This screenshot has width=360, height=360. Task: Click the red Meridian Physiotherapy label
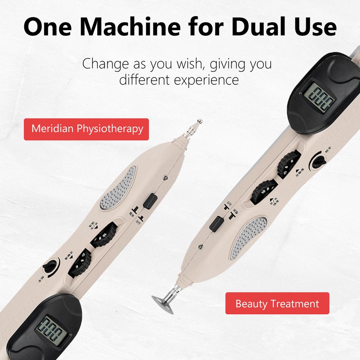pos(86,129)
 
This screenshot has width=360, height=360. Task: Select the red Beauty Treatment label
pos(277,303)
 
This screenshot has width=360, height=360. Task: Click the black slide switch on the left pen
pos(149,201)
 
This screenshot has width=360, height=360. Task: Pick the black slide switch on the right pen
pos(217,224)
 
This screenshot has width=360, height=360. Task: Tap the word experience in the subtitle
pos(207,80)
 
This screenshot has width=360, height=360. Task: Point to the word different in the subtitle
pos(143,80)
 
